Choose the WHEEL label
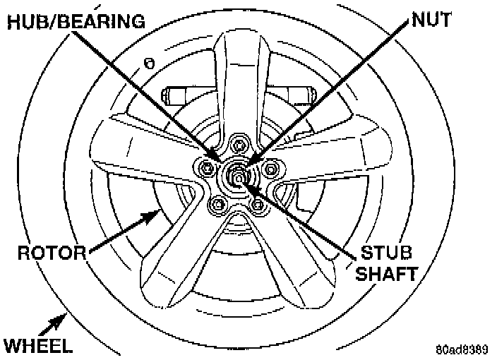[x=37, y=346]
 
